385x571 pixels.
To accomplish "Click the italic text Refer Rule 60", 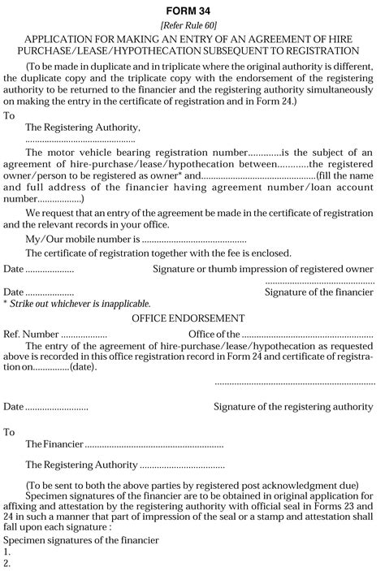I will coord(192,24).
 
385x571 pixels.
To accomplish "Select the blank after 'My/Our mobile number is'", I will coord(194,240).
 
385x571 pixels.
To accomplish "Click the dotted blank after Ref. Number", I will coord(84,333).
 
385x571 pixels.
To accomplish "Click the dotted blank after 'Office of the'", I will coord(308,333).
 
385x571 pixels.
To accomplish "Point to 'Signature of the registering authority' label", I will coord(293,406).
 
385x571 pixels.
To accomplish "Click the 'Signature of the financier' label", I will coord(319,291).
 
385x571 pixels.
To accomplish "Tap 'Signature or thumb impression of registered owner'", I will coord(263,267).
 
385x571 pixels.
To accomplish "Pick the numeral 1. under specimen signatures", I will coord(6,552).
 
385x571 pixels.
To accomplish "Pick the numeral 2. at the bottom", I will coord(6,563).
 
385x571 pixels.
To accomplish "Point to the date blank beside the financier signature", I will coord(50,291).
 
